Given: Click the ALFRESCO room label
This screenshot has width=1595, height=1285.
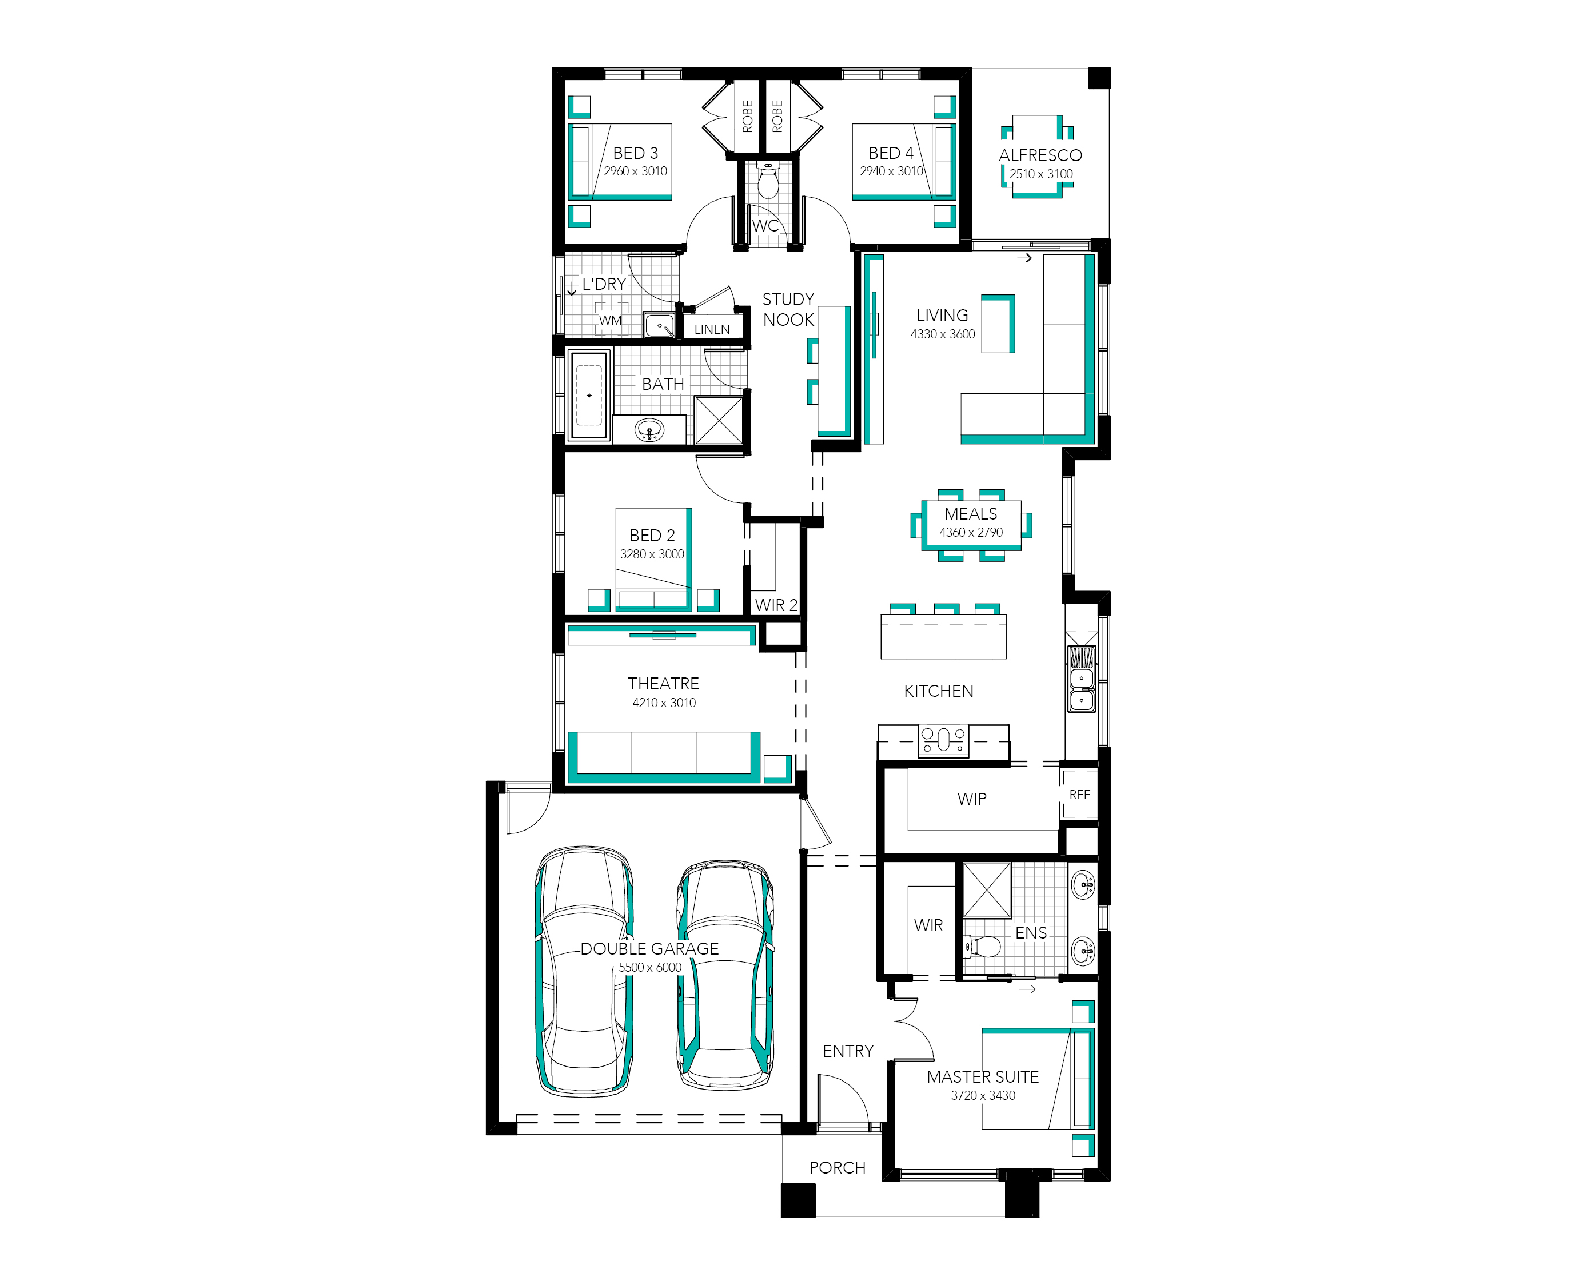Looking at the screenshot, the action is pyautogui.click(x=1040, y=155).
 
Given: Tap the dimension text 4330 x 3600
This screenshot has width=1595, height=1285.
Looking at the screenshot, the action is pyautogui.click(x=942, y=334).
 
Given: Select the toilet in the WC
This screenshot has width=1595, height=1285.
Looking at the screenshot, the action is pyautogui.click(x=768, y=181).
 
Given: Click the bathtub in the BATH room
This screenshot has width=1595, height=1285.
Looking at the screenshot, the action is pyautogui.click(x=589, y=395).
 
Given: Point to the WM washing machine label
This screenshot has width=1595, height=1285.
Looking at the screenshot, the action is pyautogui.click(x=610, y=321).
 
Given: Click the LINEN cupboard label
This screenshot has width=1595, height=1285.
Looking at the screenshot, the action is pyautogui.click(x=712, y=329).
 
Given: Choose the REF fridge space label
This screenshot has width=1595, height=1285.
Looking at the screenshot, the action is pyautogui.click(x=1079, y=795).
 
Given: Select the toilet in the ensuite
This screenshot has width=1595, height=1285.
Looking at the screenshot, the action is pyautogui.click(x=982, y=947).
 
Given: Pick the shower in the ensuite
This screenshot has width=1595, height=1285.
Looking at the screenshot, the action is pyautogui.click(x=987, y=891).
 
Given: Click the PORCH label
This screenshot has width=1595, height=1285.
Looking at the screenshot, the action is pyautogui.click(x=837, y=1168).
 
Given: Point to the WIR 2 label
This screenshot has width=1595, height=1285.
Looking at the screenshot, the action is pyautogui.click(x=776, y=605).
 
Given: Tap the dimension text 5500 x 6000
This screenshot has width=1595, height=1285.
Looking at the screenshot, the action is pyautogui.click(x=650, y=967).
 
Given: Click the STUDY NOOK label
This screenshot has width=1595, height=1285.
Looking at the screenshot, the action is pyautogui.click(x=788, y=309).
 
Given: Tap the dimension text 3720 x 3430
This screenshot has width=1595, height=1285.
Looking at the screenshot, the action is pyautogui.click(x=983, y=1095).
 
